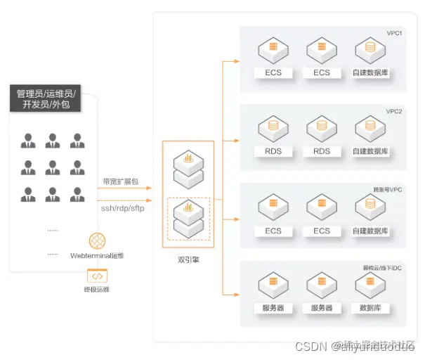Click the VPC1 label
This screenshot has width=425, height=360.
point(394,33)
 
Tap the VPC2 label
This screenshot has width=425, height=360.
point(394,111)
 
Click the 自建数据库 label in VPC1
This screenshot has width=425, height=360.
point(370,73)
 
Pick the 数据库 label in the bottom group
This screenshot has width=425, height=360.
point(370,308)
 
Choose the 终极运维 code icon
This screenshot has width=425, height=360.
point(96,276)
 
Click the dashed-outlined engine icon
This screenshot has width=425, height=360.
point(188,217)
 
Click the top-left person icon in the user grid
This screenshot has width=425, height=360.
point(28,141)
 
